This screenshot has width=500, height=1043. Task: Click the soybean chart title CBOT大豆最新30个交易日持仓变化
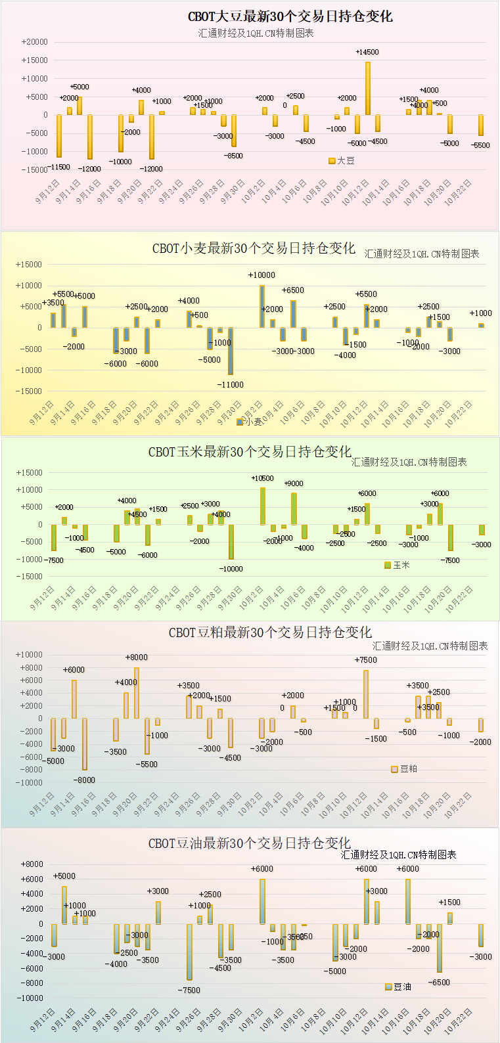tap(290, 16)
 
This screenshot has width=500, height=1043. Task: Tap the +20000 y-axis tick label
tap(35, 42)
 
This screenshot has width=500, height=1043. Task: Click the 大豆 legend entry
tap(342, 160)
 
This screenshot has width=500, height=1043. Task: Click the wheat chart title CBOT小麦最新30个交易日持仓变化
tap(254, 248)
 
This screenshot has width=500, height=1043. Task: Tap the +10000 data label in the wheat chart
tap(261, 275)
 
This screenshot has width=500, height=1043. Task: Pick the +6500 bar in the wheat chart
tap(293, 314)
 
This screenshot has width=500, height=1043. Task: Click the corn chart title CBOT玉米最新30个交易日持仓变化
tap(250, 452)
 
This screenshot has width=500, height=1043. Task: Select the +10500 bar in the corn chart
tap(263, 506)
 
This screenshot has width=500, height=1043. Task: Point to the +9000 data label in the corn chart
tap(294, 483)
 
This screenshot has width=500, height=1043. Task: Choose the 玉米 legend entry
tap(397, 565)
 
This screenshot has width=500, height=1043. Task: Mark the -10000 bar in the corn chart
tap(231, 542)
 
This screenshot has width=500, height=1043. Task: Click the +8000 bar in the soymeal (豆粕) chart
tap(137, 693)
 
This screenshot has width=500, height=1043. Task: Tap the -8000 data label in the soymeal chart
tap(85, 780)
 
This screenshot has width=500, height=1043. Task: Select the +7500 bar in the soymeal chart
tap(366, 694)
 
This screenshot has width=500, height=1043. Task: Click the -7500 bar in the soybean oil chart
tap(189, 952)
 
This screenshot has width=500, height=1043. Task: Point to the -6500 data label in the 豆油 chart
tap(439, 983)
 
